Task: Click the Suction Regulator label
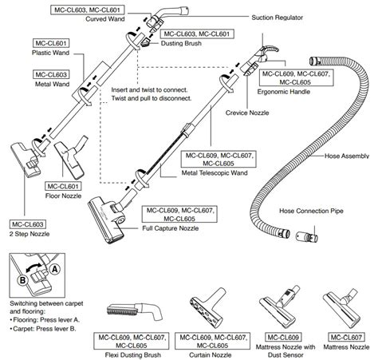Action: [277, 18]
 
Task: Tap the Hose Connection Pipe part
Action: [307, 236]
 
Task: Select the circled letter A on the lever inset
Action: [55, 269]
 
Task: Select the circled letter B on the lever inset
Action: [23, 280]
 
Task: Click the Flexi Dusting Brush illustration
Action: [134, 312]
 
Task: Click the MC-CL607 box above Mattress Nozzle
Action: [346, 338]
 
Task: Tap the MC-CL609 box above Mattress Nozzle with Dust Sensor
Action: [283, 338]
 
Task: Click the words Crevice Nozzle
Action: [247, 113]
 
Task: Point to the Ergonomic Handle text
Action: [284, 92]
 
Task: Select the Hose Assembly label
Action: [347, 156]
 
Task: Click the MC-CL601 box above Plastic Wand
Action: [51, 43]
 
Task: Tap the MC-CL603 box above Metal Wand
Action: [51, 74]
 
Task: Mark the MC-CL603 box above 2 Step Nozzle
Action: [28, 224]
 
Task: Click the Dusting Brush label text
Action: [181, 43]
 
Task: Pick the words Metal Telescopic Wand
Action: [215, 173]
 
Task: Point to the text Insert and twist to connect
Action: [149, 90]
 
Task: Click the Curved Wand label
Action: [105, 19]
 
